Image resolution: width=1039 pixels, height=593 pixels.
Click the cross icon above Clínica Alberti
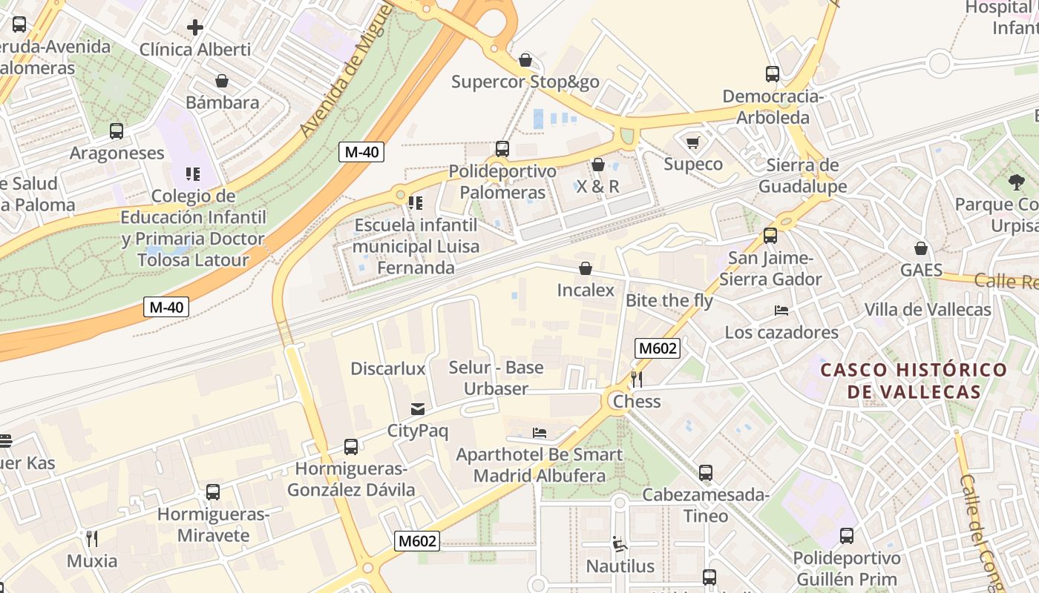[195, 27]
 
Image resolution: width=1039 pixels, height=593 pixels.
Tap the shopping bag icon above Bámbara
[222, 81]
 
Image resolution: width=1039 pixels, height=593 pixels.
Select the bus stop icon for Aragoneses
[117, 131]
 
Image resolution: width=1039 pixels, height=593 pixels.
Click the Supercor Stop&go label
[525, 82]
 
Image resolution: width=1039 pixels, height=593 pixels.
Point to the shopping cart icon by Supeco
[693, 142]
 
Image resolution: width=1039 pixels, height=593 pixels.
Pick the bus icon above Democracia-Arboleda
[773, 74]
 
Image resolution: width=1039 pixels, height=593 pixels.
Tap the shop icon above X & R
[598, 165]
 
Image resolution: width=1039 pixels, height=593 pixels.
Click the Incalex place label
[586, 290]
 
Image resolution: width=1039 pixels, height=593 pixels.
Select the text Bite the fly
[669, 300]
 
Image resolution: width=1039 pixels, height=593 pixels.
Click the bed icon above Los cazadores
[781, 310]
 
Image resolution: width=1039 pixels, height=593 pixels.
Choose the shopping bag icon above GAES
[921, 248]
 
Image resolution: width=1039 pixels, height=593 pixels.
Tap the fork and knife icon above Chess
[636, 380]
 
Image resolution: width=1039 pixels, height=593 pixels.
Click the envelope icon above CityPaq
[418, 409]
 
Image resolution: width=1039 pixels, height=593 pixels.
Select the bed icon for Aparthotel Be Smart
[540, 433]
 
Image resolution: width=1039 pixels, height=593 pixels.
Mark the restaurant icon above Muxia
[92, 539]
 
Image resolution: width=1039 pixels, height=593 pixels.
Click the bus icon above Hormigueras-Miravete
[213, 492]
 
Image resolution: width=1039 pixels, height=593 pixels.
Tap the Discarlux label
[387, 368]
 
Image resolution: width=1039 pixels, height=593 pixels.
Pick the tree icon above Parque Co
[1016, 182]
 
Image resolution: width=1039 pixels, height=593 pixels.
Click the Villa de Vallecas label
[928, 310]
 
